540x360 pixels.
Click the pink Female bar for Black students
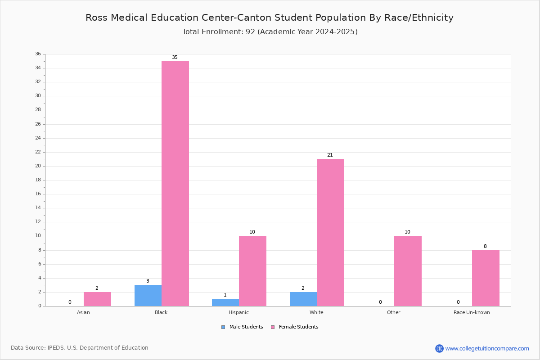[175, 184]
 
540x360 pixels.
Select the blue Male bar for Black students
[148, 296]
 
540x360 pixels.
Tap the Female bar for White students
[330, 233]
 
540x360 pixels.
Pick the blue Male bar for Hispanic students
[225, 302]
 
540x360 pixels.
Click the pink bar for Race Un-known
[486, 278]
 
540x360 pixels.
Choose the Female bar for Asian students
[97, 299]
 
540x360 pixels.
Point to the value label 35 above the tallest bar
[175, 58]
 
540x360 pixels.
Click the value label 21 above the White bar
[330, 155]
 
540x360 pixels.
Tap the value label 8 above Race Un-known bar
[485, 246]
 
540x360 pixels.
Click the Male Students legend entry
[242, 327]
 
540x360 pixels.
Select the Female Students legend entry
[295, 327]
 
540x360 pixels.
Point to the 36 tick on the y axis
[38, 54]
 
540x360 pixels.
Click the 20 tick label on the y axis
[38, 166]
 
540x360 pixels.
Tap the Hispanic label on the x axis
[238, 312]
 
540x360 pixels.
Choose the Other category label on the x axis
[394, 312]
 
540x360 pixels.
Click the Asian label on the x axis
[83, 312]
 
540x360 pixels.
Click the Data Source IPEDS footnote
[80, 348]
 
